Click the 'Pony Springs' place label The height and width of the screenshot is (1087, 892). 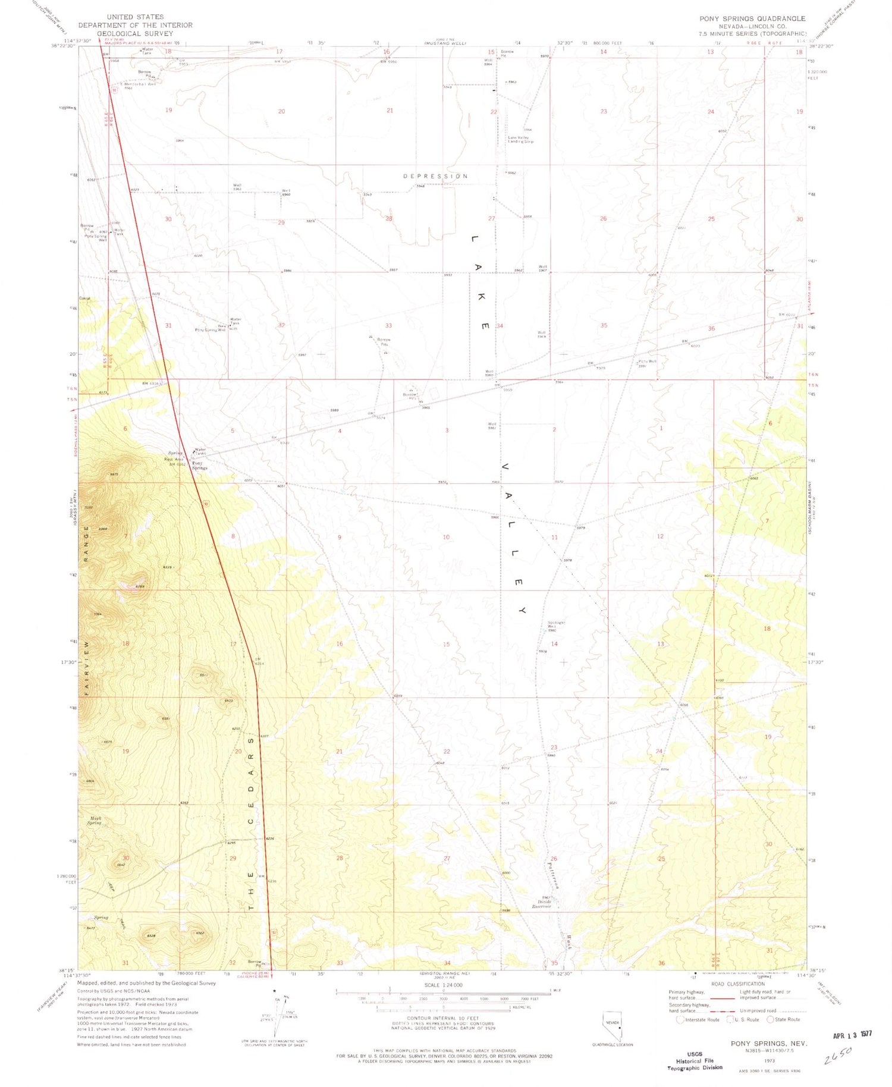(199, 466)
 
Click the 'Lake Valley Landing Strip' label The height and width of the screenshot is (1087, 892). (520, 140)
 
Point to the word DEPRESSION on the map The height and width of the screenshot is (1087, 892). (435, 176)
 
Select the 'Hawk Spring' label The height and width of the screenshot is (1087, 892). (95, 821)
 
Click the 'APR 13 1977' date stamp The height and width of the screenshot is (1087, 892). (852, 1035)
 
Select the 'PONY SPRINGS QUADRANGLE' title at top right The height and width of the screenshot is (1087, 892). (752, 19)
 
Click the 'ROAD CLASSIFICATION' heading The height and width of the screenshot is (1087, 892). (737, 984)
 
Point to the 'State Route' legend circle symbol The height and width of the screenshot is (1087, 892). (770, 1019)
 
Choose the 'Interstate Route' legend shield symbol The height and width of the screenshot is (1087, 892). (680, 1019)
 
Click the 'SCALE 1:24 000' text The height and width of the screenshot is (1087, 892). (443, 985)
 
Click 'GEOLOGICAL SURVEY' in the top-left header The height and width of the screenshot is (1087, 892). (135, 34)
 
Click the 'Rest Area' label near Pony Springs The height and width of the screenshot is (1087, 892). (174, 459)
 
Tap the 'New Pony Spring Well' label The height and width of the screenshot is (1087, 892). (211, 329)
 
